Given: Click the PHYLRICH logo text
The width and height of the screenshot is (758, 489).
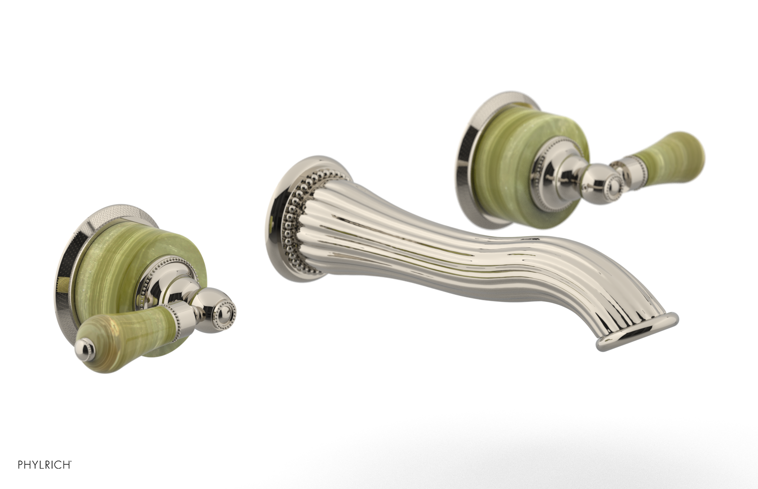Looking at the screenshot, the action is click(x=45, y=465).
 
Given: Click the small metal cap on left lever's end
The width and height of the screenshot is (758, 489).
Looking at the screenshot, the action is click(x=83, y=347).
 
